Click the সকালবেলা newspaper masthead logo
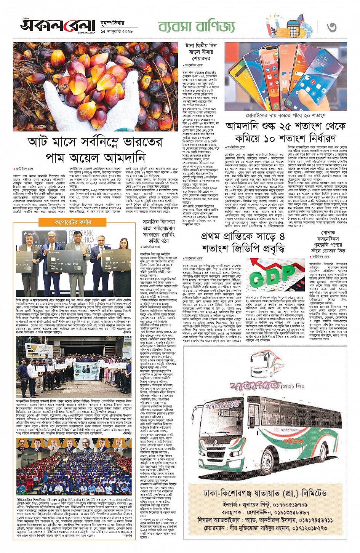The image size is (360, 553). pyautogui.click(x=57, y=26)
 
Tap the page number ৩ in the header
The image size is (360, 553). pyautogui.click(x=332, y=27)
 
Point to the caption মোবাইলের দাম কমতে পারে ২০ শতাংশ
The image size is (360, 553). pyautogui.click(x=286, y=115)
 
